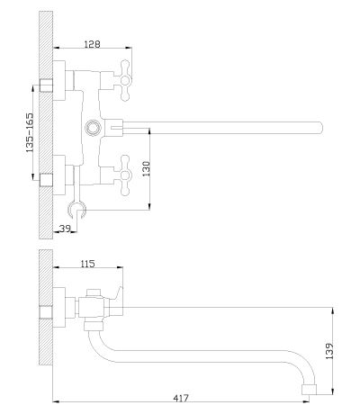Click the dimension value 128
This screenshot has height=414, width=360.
92,44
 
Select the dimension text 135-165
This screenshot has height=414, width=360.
30,132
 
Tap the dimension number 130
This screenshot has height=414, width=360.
146,168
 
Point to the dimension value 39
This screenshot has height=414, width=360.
65,229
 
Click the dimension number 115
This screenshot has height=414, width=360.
87,264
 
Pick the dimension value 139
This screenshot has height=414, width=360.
329,351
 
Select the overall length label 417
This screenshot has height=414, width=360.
181,398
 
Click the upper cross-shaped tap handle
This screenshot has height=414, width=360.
125,80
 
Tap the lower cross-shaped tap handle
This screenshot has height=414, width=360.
125,175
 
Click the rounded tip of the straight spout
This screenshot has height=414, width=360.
320,128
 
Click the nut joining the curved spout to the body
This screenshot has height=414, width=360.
94,325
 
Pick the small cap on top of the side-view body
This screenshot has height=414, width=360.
93,292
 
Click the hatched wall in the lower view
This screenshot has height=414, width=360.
46,308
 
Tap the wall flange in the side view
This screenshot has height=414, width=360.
59,307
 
